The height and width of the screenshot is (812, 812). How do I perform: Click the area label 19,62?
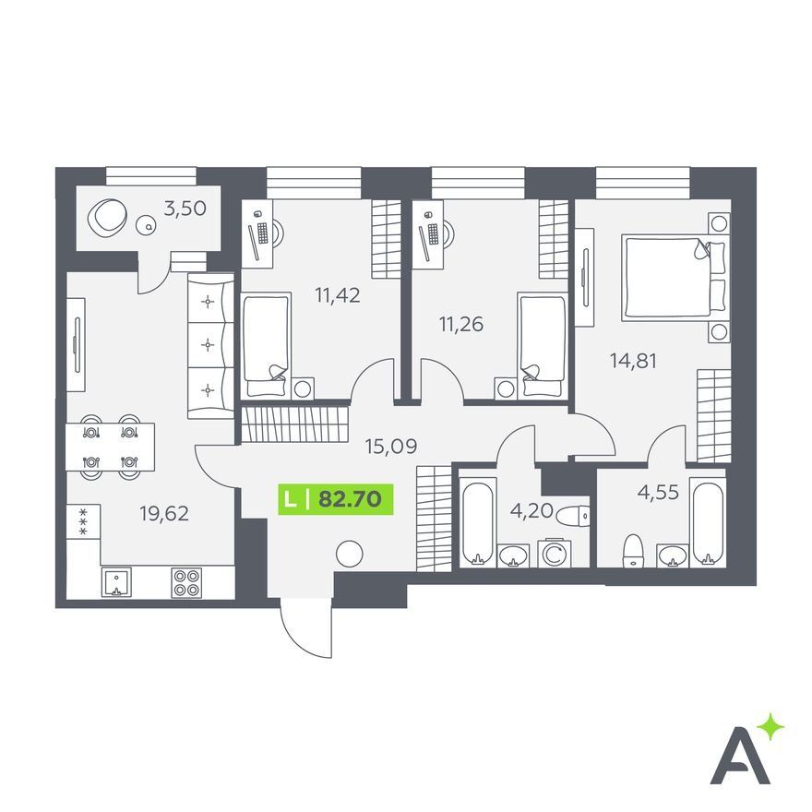coord(164,514)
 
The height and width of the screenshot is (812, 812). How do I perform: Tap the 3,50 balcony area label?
coord(185,209)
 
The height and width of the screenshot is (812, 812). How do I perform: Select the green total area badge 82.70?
coord(336,499)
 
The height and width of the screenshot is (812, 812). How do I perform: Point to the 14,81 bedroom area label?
coord(633,361)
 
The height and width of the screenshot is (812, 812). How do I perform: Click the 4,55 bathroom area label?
coord(658,492)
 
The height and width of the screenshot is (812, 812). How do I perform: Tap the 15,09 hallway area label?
coord(391,446)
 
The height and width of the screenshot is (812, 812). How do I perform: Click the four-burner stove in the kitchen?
coord(186,583)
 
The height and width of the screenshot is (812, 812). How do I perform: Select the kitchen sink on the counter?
coord(116,582)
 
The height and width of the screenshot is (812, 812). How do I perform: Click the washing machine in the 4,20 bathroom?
coord(554,555)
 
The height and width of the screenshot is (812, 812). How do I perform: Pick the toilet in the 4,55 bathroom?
coord(632,551)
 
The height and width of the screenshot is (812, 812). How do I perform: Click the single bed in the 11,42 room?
coord(266,345)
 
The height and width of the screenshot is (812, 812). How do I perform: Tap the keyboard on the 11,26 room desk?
coord(433,233)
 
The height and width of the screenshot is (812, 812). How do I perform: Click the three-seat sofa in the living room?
coord(210,346)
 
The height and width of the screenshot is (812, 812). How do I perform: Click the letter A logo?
coord(739,760)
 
